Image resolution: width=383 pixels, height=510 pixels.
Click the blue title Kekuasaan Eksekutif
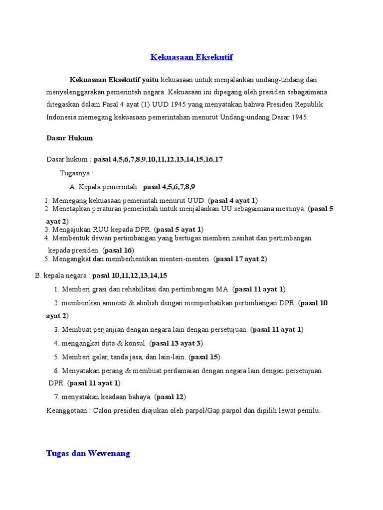click(191, 57)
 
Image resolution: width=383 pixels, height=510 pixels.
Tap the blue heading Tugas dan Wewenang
click(88, 453)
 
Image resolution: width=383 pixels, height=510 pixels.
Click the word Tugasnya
click(76, 173)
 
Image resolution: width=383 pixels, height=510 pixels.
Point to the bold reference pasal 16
click(119, 250)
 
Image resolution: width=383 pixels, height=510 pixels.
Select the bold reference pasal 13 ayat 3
click(176, 343)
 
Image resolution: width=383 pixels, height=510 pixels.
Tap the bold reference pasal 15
click(204, 357)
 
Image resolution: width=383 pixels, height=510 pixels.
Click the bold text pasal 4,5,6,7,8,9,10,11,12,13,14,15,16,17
click(158, 159)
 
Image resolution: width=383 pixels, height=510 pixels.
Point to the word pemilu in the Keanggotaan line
click(309, 411)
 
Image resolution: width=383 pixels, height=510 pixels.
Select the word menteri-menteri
click(187, 259)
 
